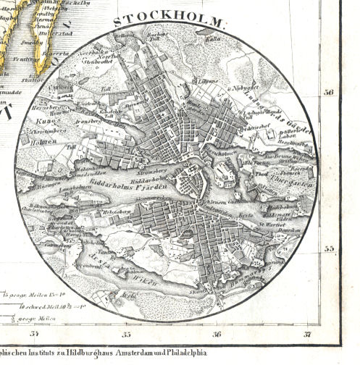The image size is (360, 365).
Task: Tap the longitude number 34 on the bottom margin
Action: point(33,334)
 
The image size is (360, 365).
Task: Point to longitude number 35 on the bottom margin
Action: point(126,334)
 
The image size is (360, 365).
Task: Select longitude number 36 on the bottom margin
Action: point(217,334)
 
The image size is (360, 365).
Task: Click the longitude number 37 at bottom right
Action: point(308,334)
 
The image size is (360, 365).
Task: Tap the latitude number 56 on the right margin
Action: point(330,93)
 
